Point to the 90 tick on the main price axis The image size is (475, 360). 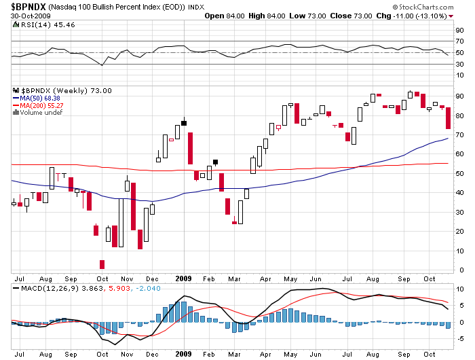459,96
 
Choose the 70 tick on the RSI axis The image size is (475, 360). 459,41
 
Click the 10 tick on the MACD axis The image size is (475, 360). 459,289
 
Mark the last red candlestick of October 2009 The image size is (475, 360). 448,118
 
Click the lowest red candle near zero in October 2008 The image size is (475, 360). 102,264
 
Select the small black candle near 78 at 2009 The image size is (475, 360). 183,123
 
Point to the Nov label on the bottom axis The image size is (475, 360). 128,355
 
